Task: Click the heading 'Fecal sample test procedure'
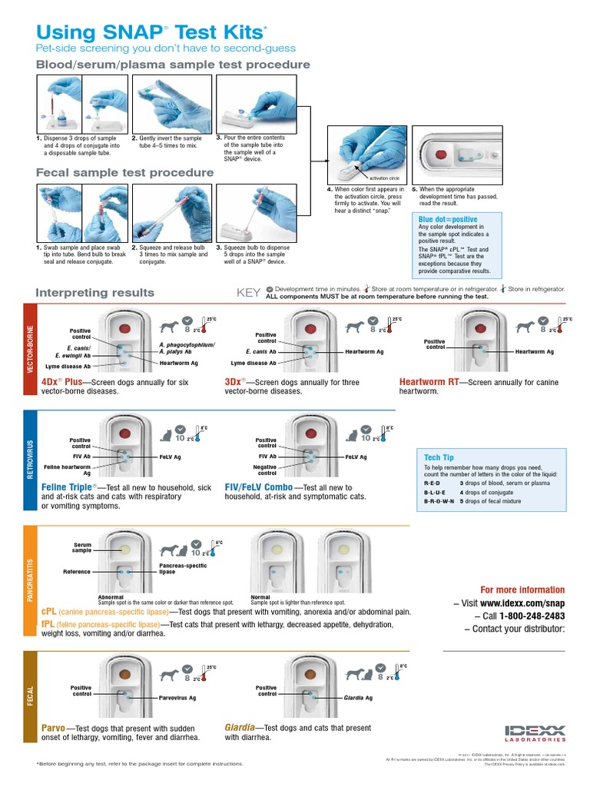(x=124, y=173)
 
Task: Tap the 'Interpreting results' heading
(x=95, y=293)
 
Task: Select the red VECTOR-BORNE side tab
(x=30, y=349)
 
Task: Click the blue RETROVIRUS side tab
(x=30, y=458)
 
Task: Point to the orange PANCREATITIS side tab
(x=30, y=581)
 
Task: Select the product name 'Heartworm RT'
(x=430, y=381)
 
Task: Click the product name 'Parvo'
(x=53, y=727)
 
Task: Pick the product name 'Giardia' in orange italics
(x=240, y=727)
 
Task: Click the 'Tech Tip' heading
(x=439, y=457)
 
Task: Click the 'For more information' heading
(x=522, y=590)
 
